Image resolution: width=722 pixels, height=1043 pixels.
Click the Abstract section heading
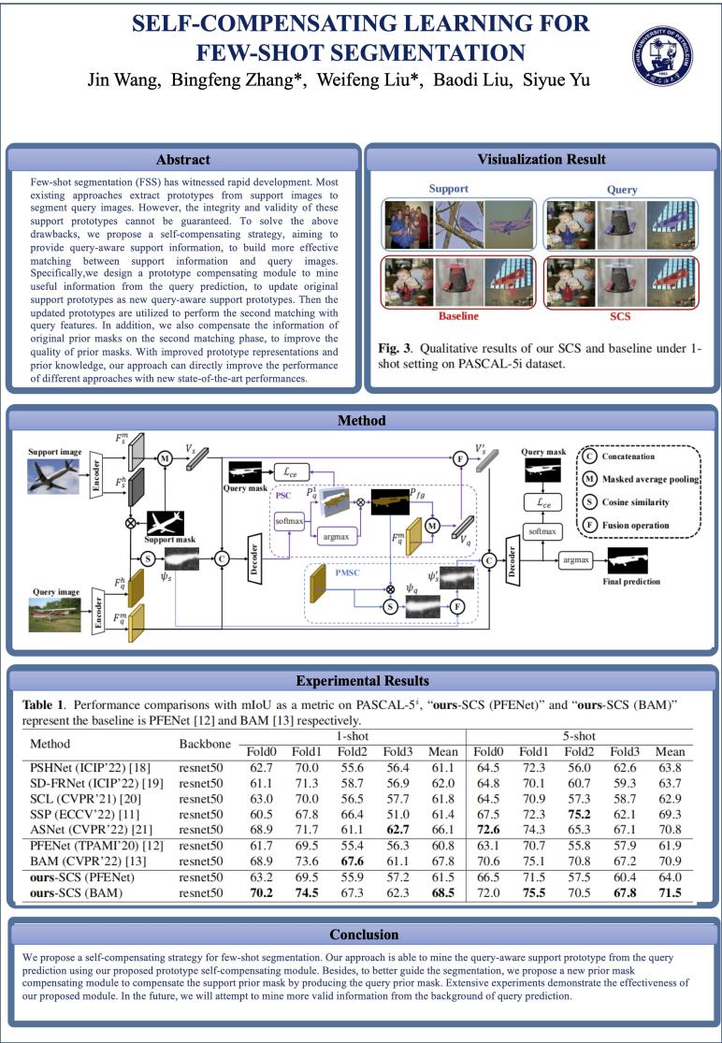click(183, 160)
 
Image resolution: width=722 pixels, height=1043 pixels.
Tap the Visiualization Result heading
click(542, 160)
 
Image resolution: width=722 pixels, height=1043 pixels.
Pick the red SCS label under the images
click(620, 316)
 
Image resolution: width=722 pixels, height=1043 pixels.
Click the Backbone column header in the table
click(205, 744)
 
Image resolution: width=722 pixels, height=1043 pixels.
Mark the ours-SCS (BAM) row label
click(81, 893)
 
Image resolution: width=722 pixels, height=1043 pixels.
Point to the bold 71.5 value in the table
click(669, 893)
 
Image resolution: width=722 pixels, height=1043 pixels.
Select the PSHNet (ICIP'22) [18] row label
click(85, 768)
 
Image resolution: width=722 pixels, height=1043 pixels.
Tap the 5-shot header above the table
click(580, 736)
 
